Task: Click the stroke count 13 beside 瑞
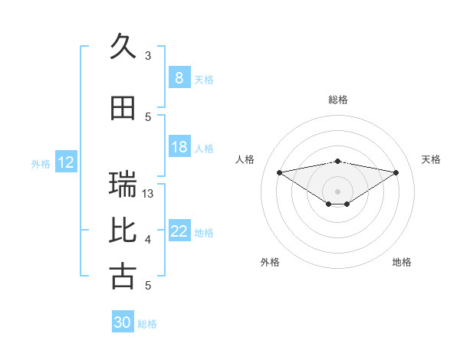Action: click(x=148, y=193)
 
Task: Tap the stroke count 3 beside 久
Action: click(x=148, y=55)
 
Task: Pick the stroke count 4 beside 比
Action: click(x=148, y=240)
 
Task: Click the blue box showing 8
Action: click(x=179, y=78)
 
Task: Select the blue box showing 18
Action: click(x=179, y=147)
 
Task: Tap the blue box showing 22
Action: click(x=179, y=231)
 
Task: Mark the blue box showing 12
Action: click(x=65, y=162)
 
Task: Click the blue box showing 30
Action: click(x=123, y=322)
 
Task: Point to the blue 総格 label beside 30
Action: click(x=147, y=324)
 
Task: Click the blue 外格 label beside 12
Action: click(x=41, y=163)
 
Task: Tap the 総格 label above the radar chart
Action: click(x=337, y=100)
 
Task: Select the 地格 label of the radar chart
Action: click(x=402, y=262)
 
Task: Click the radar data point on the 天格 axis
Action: click(x=396, y=172)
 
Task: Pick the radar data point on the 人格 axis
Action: click(x=279, y=172)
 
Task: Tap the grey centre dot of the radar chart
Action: click(x=337, y=190)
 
